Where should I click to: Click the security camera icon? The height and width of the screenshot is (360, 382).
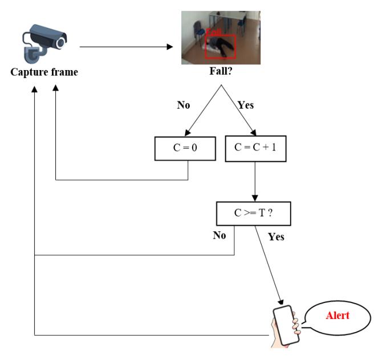[44, 44]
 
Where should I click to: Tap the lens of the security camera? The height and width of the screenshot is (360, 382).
[60, 43]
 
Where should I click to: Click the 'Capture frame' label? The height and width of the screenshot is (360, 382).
[44, 72]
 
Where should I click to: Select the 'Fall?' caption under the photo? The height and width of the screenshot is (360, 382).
[221, 71]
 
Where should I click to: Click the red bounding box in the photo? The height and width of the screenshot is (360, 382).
[221, 47]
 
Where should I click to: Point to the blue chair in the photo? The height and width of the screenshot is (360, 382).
[200, 30]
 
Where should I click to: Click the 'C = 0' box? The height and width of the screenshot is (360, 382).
[185, 149]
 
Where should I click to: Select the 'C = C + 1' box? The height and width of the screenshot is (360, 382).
[255, 149]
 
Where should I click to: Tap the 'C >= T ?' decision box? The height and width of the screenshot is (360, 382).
[254, 214]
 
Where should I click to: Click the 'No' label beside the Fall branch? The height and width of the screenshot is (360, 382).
[184, 105]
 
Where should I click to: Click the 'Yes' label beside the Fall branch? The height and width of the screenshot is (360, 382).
[246, 105]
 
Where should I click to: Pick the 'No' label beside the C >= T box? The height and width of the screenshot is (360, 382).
[220, 235]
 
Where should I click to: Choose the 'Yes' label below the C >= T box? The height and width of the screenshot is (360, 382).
[276, 236]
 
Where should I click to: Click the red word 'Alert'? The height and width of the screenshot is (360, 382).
[338, 316]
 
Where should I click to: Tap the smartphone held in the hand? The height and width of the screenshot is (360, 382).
[286, 325]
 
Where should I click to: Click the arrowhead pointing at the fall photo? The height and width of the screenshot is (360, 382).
[170, 47]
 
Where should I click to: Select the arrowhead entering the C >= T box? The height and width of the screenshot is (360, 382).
[255, 198]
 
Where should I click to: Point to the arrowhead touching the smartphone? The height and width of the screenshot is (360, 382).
[281, 302]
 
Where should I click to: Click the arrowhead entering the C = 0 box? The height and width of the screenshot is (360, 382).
[188, 133]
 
